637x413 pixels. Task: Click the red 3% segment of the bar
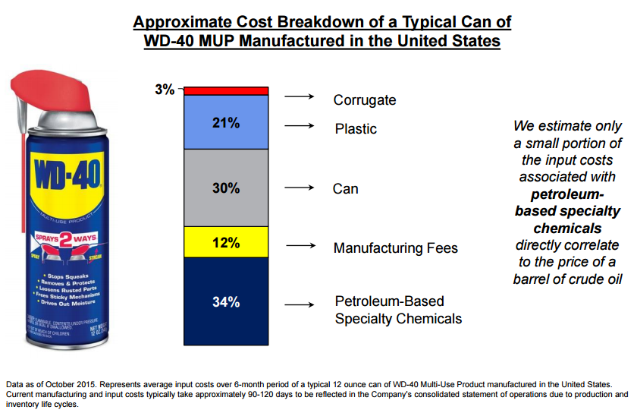click(x=226, y=90)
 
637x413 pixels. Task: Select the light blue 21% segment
click(x=226, y=122)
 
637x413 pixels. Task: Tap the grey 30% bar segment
click(x=226, y=188)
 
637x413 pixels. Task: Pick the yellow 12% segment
click(x=226, y=243)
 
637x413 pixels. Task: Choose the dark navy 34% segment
click(x=226, y=302)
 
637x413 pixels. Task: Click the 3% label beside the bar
click(x=164, y=90)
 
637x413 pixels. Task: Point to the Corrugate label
click(x=365, y=100)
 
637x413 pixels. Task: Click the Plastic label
click(x=356, y=129)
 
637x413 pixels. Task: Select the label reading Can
click(x=346, y=188)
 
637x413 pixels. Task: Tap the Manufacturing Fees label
click(x=396, y=248)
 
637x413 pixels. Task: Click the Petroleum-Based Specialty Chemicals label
click(x=398, y=311)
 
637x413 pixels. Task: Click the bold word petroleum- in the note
click(x=567, y=194)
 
